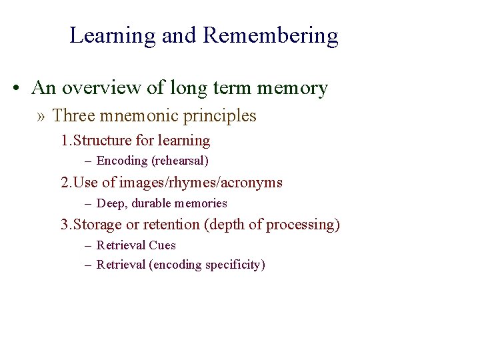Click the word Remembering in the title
coord(271,35)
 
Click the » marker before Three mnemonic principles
coord(43,117)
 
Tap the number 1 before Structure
coord(64,141)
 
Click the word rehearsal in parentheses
coord(181,161)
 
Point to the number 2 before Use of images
coord(65,182)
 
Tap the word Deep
coord(110,203)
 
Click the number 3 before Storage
coord(65,225)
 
